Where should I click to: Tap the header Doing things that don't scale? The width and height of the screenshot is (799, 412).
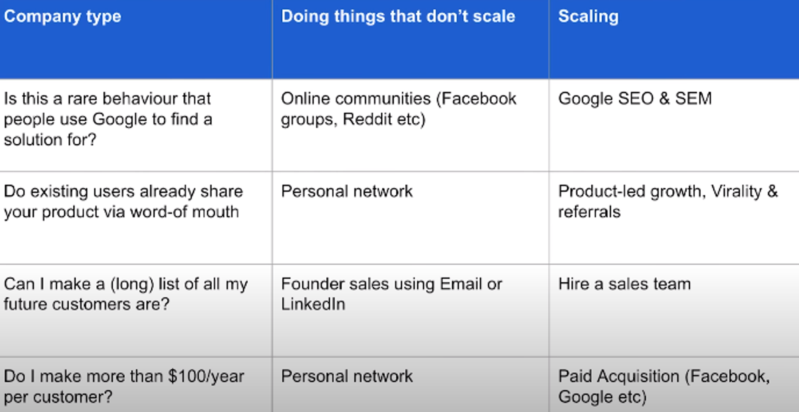coord(398,17)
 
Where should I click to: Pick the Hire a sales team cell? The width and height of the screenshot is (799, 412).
coord(624,284)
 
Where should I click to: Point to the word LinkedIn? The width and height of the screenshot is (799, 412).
coord(313,304)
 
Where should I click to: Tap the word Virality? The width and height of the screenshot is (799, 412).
coord(736,192)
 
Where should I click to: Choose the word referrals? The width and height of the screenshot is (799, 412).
coord(589,212)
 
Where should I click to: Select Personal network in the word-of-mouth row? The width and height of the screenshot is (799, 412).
coord(347,191)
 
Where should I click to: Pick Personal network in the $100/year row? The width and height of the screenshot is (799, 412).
coord(347,376)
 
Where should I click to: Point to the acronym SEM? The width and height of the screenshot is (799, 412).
coord(694,99)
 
